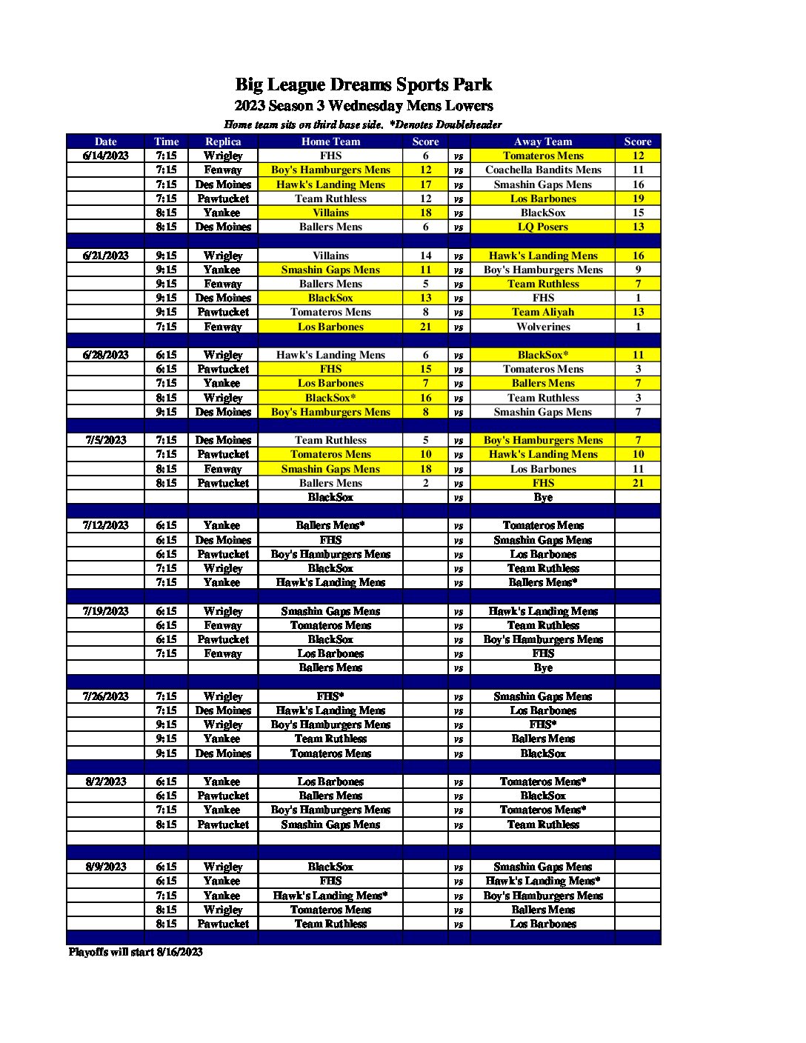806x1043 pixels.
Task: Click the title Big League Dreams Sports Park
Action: [363, 84]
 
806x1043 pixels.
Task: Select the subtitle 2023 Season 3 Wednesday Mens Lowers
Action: [363, 106]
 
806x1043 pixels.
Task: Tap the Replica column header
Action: [223, 141]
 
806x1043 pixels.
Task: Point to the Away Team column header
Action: [543, 141]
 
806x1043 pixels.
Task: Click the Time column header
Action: [167, 141]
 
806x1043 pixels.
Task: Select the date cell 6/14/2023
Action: [106, 156]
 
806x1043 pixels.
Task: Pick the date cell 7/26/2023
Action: [106, 696]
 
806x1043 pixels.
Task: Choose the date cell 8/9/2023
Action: [106, 867]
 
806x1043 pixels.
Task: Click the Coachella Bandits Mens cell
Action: [543, 170]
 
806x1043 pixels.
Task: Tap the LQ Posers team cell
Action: [543, 227]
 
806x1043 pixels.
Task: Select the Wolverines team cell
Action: [543, 327]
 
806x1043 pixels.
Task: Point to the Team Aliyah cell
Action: [543, 312]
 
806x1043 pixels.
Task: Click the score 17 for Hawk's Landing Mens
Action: [426, 184]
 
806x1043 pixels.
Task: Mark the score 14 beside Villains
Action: [426, 256]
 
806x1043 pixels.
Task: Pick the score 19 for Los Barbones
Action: [638, 199]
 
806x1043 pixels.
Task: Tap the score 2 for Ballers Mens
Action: [426, 483]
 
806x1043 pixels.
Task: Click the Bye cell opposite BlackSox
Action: [543, 497]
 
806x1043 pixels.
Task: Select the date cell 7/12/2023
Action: [106, 525]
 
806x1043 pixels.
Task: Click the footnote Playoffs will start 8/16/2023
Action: [136, 952]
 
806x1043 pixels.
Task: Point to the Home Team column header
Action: [330, 141]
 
